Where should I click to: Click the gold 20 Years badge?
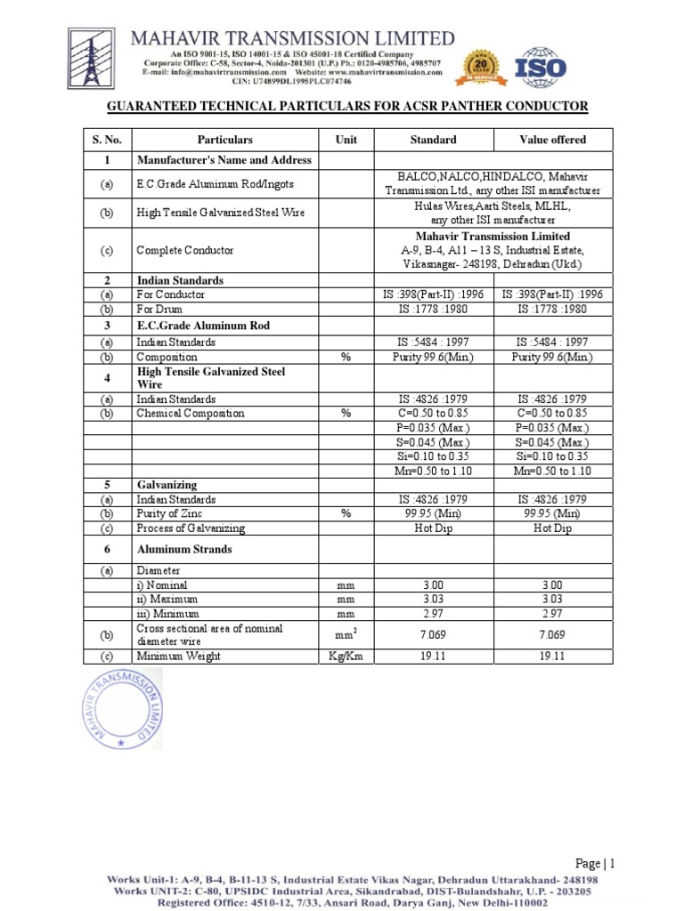tap(479, 69)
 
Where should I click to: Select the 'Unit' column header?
tap(346, 140)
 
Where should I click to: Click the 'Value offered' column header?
tap(552, 140)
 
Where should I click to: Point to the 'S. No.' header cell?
tap(106, 140)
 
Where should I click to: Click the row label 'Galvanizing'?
tap(166, 486)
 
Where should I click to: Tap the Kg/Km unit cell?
tap(346, 657)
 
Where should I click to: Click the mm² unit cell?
tap(346, 635)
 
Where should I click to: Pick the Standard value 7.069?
tap(433, 635)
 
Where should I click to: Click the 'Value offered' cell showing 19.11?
tap(552, 657)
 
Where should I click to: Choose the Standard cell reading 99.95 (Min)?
tap(433, 514)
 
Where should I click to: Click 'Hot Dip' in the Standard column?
tap(433, 528)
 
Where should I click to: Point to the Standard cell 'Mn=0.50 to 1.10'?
tap(433, 472)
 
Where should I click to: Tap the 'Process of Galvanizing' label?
tap(191, 528)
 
